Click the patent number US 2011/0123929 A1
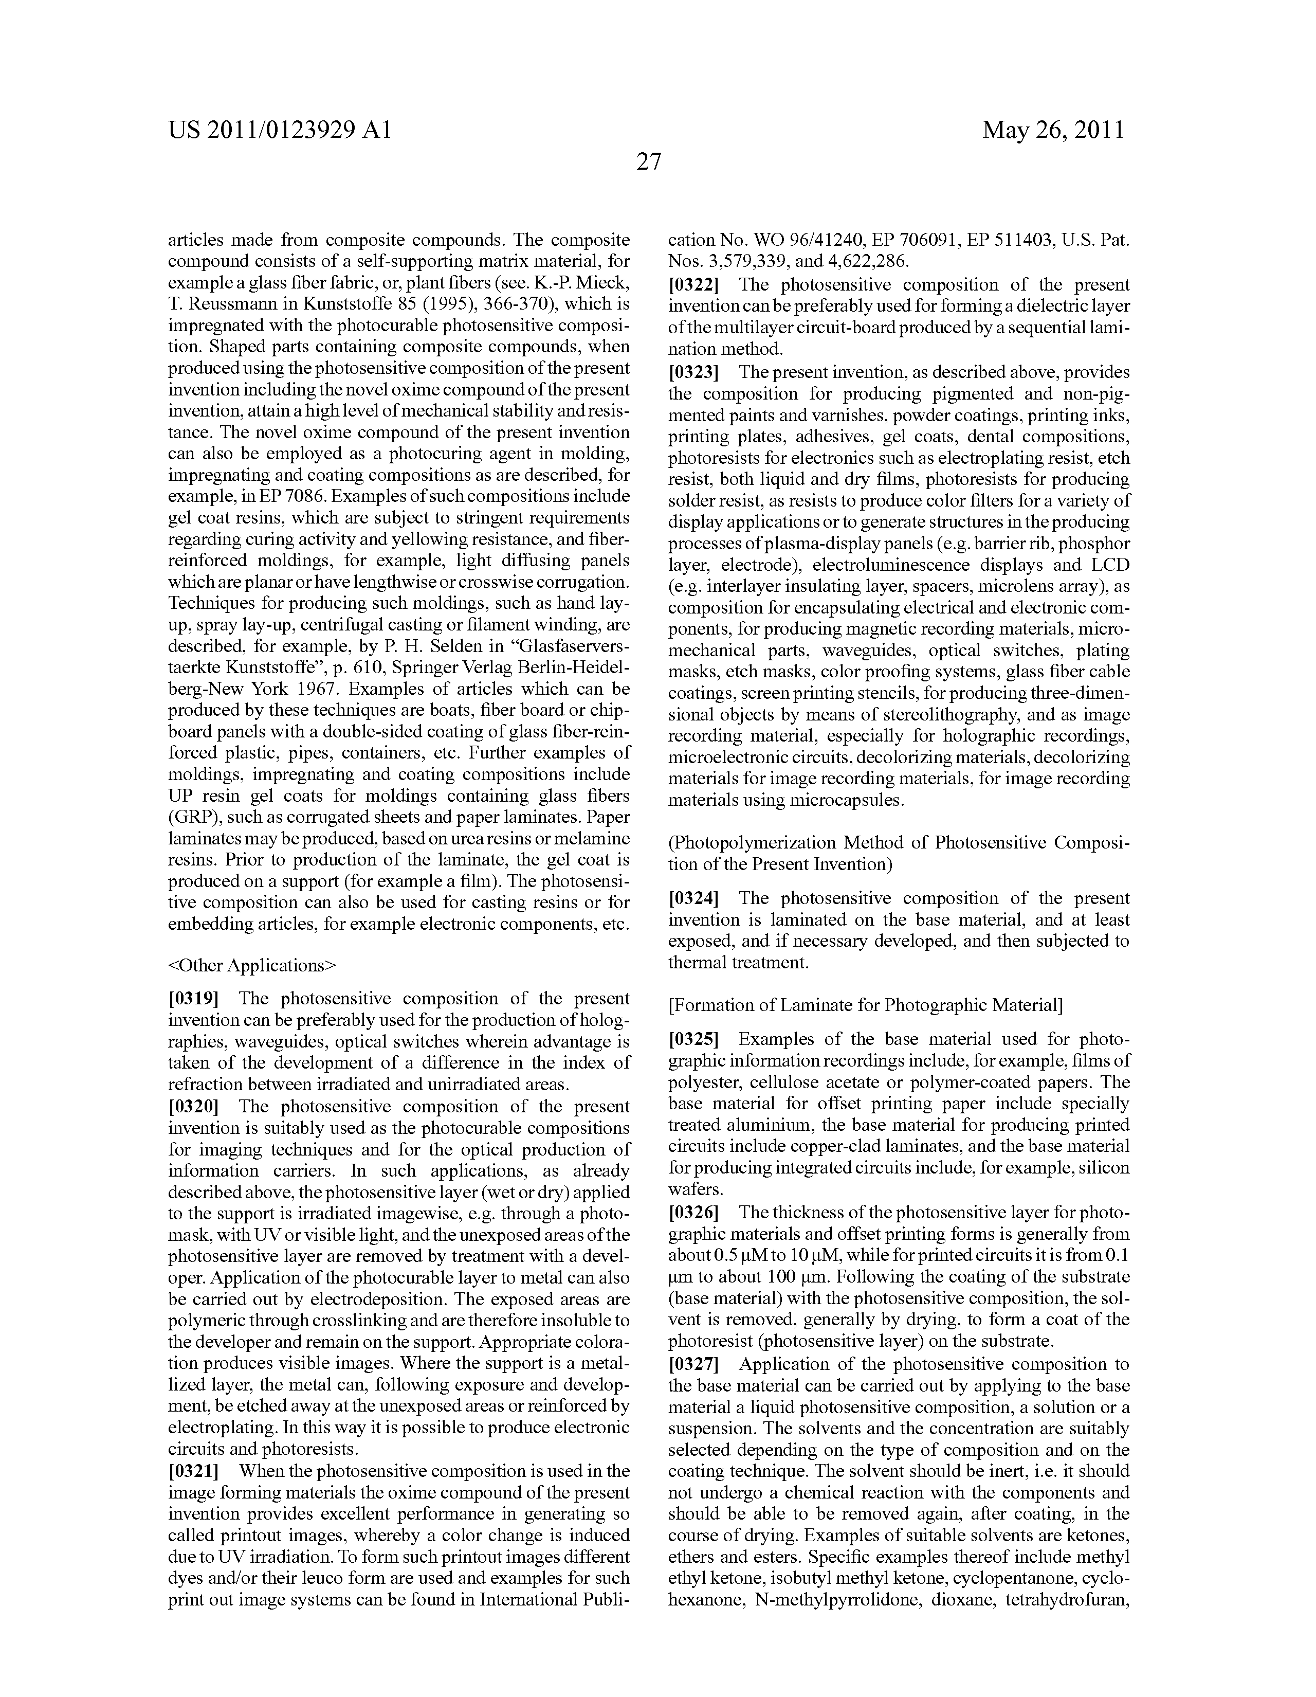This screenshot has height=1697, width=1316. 279,130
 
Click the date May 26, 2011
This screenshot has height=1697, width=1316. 1053,130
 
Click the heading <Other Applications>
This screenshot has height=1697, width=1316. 252,965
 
